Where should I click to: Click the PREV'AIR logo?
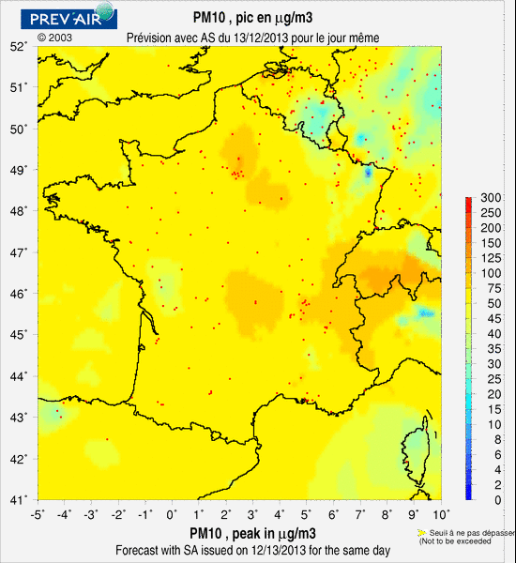[70, 16]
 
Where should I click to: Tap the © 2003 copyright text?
[54, 38]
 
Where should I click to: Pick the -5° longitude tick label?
[38, 514]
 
